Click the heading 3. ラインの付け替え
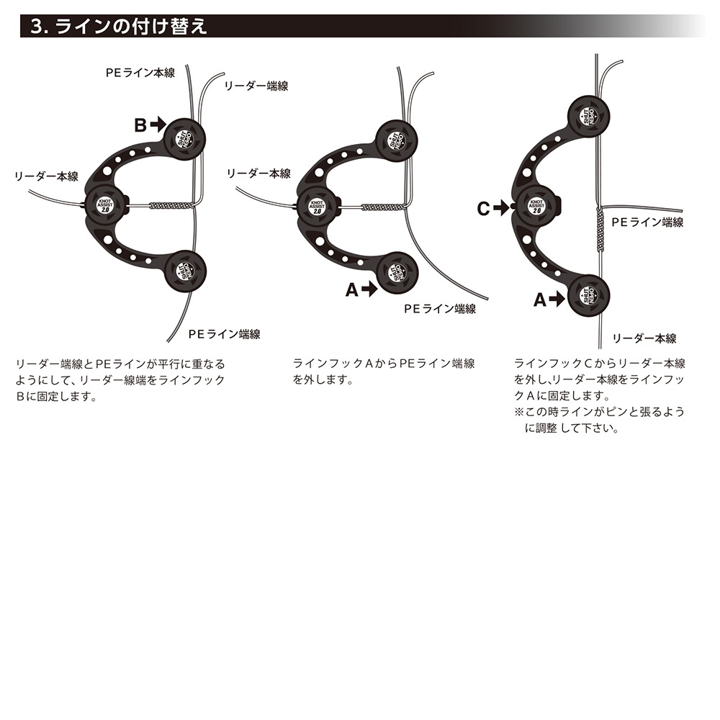pos(120,27)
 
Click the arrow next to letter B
pos(159,125)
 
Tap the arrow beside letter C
pos(501,209)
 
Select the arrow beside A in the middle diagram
pos(369,289)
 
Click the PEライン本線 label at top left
pos(140,73)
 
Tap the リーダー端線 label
pos(256,85)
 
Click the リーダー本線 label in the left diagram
pos(47,176)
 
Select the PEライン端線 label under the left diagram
pos(224,334)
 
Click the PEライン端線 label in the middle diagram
pos(439,308)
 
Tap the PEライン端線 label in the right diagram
pos(647,222)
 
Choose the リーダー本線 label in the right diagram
pos(644,338)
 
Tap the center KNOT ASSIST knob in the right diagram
pos(536,204)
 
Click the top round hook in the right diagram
pos(589,116)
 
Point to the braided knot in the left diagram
pos(171,205)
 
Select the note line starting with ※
pos(599,412)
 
